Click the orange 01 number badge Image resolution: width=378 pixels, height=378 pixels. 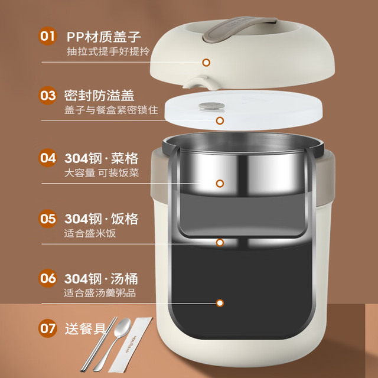click(47, 36)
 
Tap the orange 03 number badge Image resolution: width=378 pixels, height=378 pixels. click(47, 96)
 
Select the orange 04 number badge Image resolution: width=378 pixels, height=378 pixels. click(47, 158)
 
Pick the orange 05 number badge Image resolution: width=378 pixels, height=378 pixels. click(47, 219)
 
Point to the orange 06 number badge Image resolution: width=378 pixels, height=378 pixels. click(47, 278)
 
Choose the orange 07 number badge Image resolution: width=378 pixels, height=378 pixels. click(47, 328)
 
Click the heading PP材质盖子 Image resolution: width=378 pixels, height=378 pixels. click(104, 37)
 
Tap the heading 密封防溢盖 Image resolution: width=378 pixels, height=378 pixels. click(99, 96)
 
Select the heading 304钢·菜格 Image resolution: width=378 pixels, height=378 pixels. click(101, 158)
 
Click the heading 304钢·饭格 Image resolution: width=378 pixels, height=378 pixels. click(101, 219)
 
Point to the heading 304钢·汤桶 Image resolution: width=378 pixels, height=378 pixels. click(101, 279)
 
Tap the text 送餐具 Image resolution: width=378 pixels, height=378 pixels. click(86, 328)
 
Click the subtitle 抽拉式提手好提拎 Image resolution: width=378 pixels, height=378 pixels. click(108, 51)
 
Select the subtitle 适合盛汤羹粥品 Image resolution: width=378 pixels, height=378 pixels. click(100, 293)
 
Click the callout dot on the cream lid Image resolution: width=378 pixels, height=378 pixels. click(206, 63)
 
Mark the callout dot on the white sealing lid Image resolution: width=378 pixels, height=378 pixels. click(220, 120)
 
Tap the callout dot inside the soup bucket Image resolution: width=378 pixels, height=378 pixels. click(220, 303)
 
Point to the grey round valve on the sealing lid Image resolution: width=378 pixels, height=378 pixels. click(211, 106)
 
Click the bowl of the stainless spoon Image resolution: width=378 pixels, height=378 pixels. click(122, 328)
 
